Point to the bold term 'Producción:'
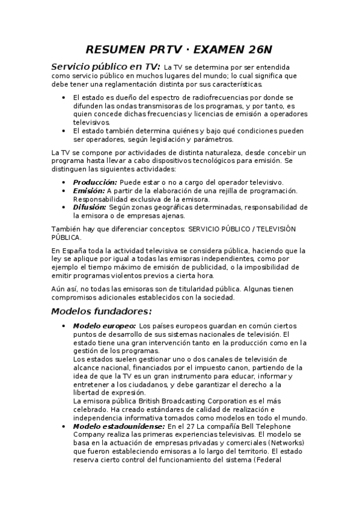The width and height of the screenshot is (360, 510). (95, 182)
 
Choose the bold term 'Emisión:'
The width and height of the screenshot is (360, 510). (89, 191)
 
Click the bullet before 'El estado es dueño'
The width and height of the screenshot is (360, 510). (64, 97)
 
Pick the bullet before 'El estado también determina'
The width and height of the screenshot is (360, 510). (64, 131)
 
